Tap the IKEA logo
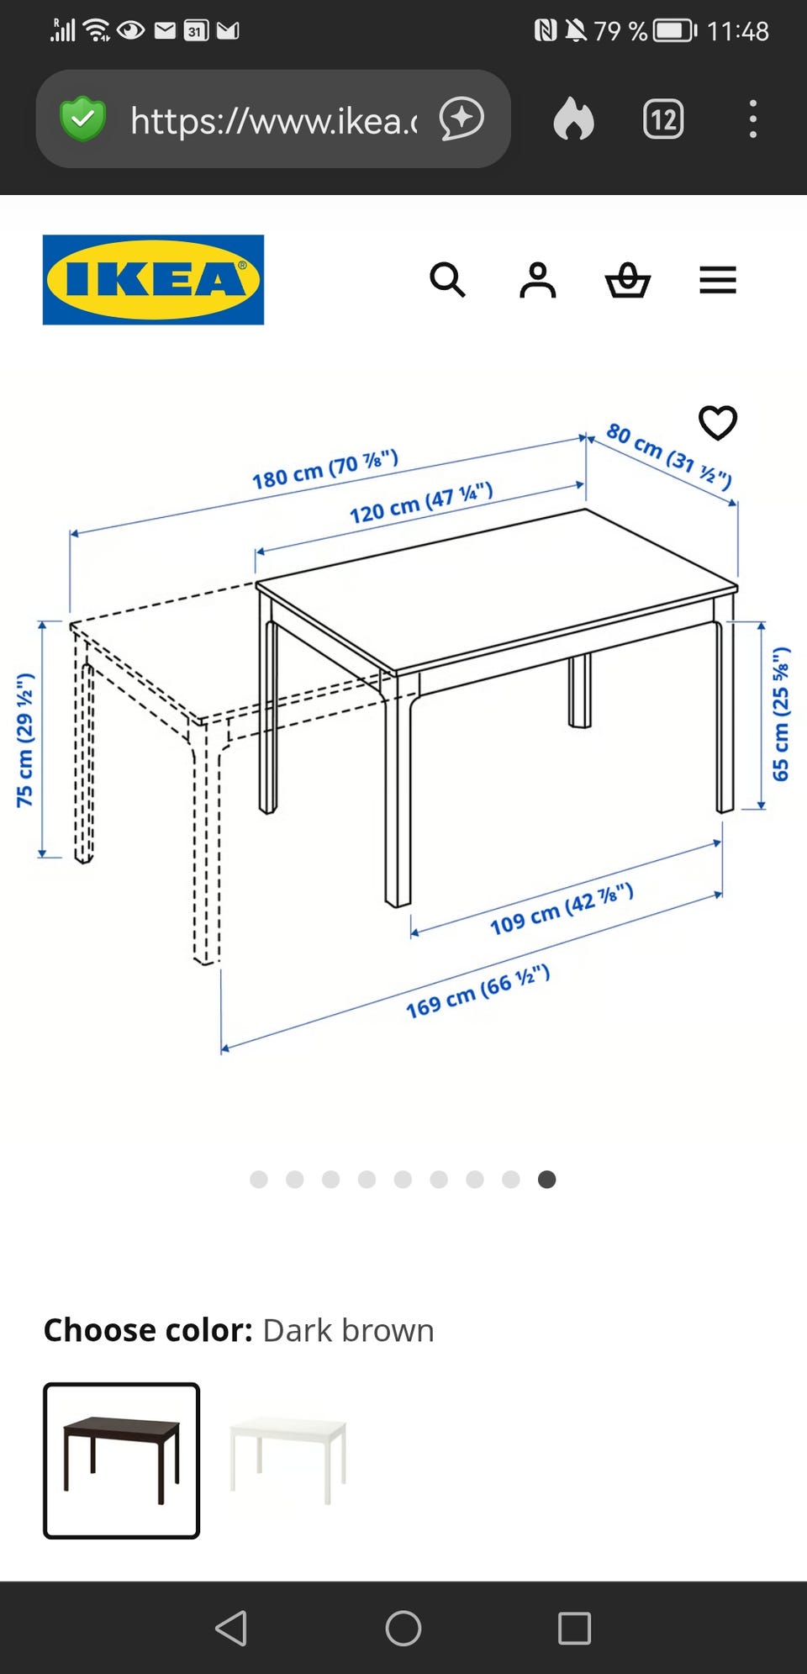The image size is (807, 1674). tap(153, 280)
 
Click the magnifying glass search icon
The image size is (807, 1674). tap(447, 280)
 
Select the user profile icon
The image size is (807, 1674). tap(538, 280)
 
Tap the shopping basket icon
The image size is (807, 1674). tap(628, 280)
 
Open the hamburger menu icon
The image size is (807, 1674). tap(718, 280)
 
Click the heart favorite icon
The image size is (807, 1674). tap(718, 423)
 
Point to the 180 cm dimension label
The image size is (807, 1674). tap(325, 470)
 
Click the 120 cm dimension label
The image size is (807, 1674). tap(421, 503)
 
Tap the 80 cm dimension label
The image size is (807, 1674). tap(669, 456)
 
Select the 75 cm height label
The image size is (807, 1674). tap(25, 740)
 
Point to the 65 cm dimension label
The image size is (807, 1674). tap(781, 714)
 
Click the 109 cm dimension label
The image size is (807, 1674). tap(562, 910)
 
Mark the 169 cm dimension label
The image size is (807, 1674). tap(477, 991)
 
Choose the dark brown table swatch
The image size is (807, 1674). tap(122, 1460)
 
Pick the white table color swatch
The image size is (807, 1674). tap(288, 1460)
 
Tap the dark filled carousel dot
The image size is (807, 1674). tap(546, 1180)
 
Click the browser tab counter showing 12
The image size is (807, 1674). tap(663, 119)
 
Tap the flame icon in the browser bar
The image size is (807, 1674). tap(574, 119)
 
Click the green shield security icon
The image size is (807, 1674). tap(83, 119)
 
